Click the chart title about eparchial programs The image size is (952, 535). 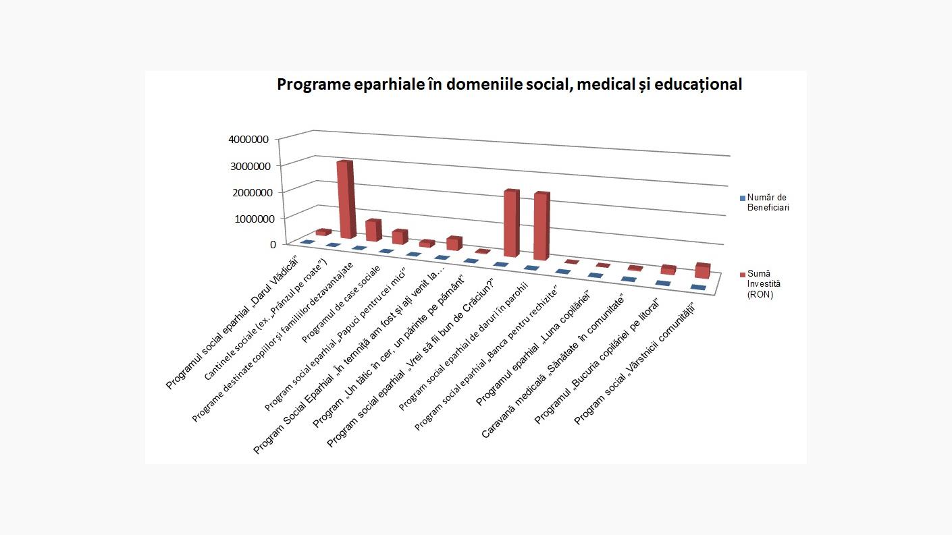[509, 84]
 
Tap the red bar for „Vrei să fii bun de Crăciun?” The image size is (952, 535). [511, 223]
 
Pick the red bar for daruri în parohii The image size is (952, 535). [541, 226]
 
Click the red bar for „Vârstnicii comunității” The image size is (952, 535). [702, 271]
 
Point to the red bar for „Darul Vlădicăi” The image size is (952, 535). [323, 232]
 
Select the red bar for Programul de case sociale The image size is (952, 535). [400, 237]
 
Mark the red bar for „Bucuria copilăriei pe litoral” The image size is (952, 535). [668, 270]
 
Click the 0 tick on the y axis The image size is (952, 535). [273, 244]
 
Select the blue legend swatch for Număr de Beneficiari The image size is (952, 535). [742, 198]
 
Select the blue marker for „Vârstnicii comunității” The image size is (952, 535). [698, 288]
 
